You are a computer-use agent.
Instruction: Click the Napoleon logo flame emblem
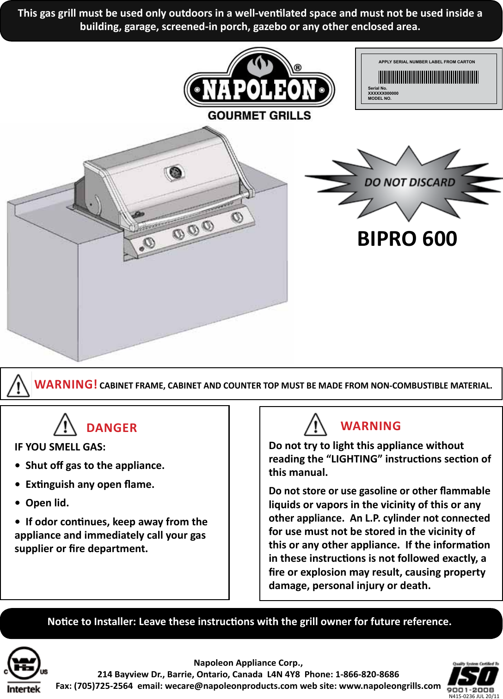259,66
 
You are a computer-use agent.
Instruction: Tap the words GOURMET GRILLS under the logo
259,115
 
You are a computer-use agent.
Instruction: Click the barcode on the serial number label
428,77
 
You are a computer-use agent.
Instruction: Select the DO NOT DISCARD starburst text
410,182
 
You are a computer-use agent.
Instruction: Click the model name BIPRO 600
407,239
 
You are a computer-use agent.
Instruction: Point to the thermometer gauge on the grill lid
175,173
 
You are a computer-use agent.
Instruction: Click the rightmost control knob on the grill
237,217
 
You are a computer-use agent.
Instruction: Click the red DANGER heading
111,428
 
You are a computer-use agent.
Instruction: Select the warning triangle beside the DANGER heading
65,425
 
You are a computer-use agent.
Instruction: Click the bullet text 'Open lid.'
47,503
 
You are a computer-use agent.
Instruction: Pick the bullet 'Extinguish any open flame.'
90,484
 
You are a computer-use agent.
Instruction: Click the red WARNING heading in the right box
370,426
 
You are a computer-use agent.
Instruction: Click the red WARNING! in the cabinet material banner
66,384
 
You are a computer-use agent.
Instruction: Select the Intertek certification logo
24,670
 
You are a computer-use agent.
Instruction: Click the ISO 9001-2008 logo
472,678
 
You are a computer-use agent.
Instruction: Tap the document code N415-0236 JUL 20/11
473,696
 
